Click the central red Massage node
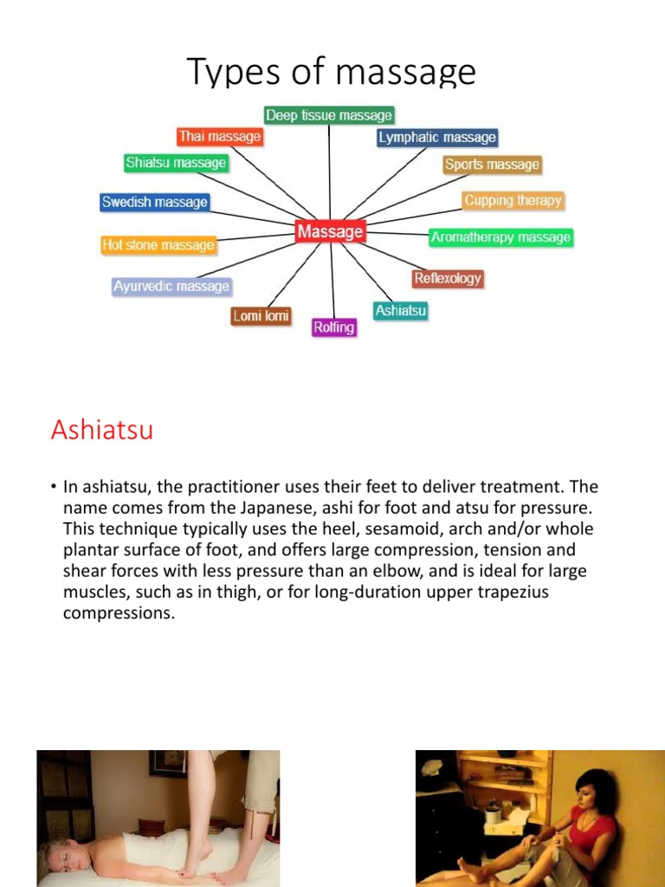330,232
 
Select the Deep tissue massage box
329,115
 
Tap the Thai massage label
219,137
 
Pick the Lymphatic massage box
437,138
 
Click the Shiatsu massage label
176,163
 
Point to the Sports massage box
492,165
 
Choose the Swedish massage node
155,203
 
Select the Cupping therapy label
513,201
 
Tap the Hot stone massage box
158,245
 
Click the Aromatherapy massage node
500,237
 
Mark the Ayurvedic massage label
171,287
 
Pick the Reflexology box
447,279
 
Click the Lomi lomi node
261,317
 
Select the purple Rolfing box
334,327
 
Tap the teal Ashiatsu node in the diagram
401,310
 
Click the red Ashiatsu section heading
102,431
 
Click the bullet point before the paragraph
53,488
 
